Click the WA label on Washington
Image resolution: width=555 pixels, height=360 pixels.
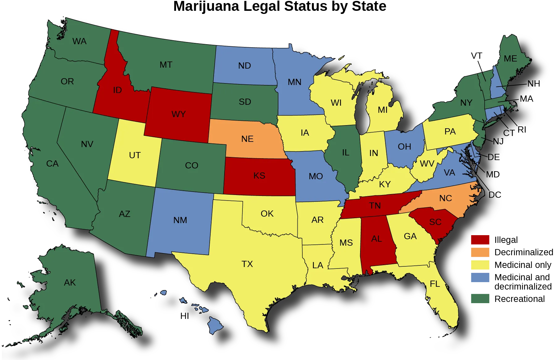(79, 41)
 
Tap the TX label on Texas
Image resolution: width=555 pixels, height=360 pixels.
(247, 264)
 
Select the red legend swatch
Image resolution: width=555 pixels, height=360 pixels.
(480, 240)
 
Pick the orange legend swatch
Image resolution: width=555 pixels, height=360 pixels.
(480, 252)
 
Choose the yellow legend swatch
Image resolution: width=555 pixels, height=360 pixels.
(480, 265)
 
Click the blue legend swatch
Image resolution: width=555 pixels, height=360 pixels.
(480, 278)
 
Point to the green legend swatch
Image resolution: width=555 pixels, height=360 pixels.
(480, 298)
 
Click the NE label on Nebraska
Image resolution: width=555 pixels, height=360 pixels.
(247, 139)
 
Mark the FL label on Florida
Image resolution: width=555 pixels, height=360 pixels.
(435, 284)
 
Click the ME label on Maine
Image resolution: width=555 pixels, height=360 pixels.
(510, 59)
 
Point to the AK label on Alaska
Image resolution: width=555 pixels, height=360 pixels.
(70, 282)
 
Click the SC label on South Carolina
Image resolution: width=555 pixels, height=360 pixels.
(435, 222)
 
